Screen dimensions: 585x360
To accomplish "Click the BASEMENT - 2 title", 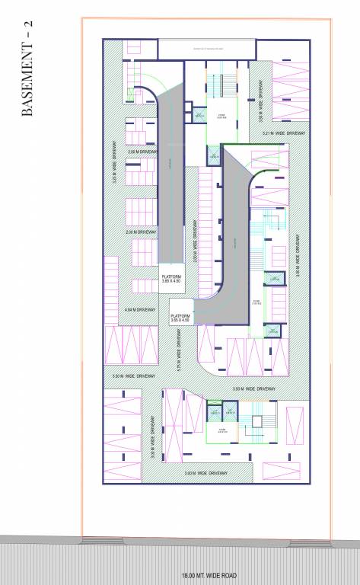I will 28,69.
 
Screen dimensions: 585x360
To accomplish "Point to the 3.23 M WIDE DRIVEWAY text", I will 115,161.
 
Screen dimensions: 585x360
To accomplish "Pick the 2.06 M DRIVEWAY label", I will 142,152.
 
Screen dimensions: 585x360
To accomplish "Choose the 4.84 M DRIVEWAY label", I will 139,310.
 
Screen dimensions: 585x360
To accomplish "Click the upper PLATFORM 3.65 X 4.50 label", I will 171,278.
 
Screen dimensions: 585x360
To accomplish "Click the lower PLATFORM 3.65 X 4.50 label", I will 180,316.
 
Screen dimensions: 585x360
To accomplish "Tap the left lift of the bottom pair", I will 214,412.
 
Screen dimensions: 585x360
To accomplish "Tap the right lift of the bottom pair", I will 232,412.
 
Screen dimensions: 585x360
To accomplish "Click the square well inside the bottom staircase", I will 258,421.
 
